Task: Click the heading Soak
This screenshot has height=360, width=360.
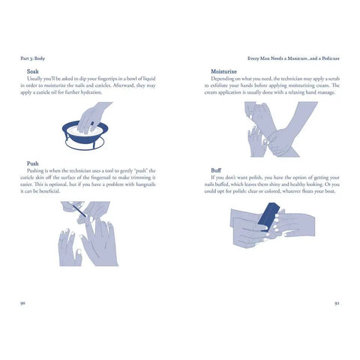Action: (32, 71)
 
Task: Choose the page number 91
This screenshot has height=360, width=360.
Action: (337, 302)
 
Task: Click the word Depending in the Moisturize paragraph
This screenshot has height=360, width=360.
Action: (226, 78)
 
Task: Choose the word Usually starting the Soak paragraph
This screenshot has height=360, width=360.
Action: (37, 78)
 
